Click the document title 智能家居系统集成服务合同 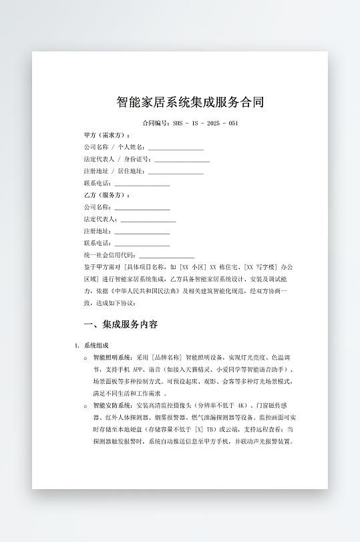[190, 102]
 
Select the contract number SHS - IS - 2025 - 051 [205, 123]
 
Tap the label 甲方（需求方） [107, 135]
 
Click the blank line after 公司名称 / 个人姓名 [176, 148]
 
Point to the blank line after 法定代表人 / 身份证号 [182, 160]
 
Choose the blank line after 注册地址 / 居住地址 [176, 172]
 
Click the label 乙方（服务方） [107, 195]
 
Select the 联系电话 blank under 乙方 [142, 244]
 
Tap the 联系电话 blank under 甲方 [142, 184]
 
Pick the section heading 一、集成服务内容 [120, 324]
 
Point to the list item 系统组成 [96, 345]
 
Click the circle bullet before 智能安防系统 [85, 405]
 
